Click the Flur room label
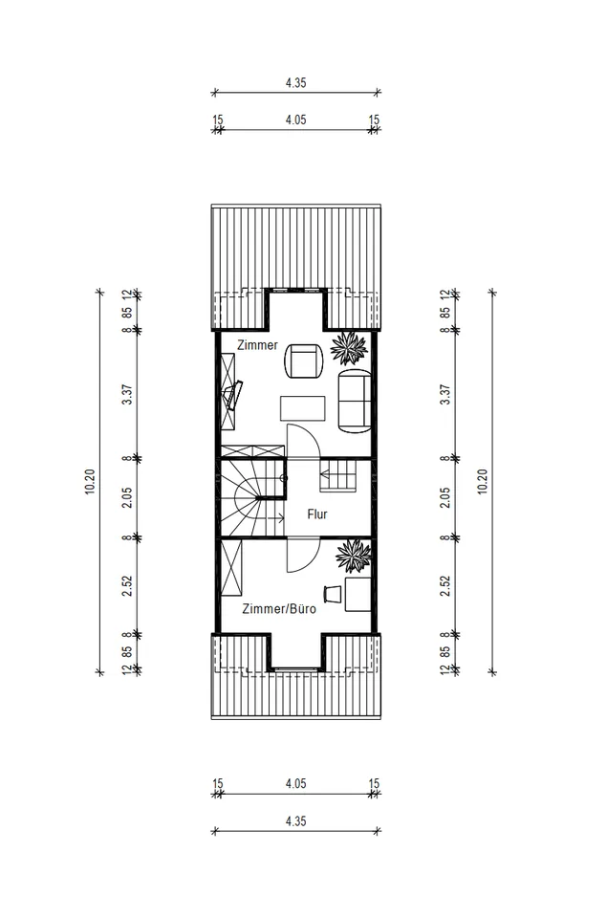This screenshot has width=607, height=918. [x=317, y=514]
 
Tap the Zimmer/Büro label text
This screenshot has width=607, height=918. [x=278, y=609]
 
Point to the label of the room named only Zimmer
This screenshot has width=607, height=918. [x=257, y=345]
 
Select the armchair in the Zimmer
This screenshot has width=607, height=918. [x=304, y=361]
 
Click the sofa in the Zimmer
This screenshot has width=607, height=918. [x=355, y=401]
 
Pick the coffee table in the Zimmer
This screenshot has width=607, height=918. [x=303, y=408]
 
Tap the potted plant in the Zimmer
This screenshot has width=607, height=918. [x=350, y=348]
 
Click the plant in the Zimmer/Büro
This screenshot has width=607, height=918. [x=354, y=556]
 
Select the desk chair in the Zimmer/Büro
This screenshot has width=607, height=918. [x=333, y=593]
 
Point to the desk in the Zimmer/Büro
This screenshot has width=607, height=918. [x=358, y=594]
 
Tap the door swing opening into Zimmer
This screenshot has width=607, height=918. [x=303, y=440]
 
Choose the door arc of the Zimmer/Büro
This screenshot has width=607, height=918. [x=303, y=555]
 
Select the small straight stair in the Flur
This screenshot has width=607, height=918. [x=337, y=475]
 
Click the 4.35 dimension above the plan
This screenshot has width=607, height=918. [x=295, y=82]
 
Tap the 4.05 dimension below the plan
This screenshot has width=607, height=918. [x=295, y=783]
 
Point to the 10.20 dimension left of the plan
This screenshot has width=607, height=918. [x=90, y=482]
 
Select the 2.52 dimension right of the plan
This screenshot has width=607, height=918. [x=445, y=586]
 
